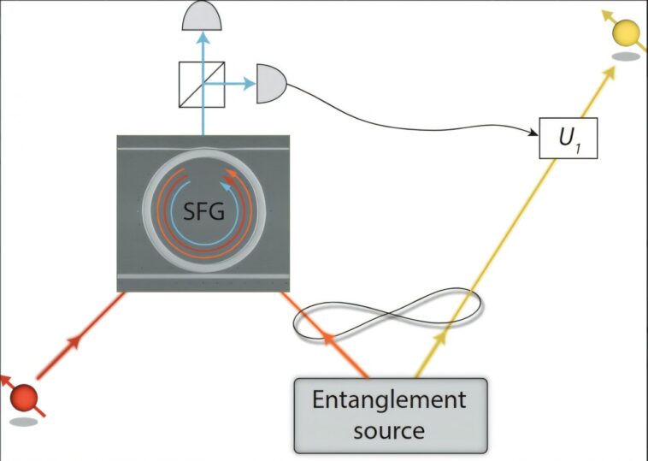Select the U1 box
click(x=567, y=139)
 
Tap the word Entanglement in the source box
click(x=389, y=400)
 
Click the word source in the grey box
click(x=389, y=429)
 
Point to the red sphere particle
click(x=25, y=398)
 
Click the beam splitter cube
click(x=202, y=83)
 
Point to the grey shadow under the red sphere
click(x=24, y=421)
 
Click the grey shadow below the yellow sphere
click(x=627, y=57)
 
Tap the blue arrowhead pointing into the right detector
click(x=249, y=83)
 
